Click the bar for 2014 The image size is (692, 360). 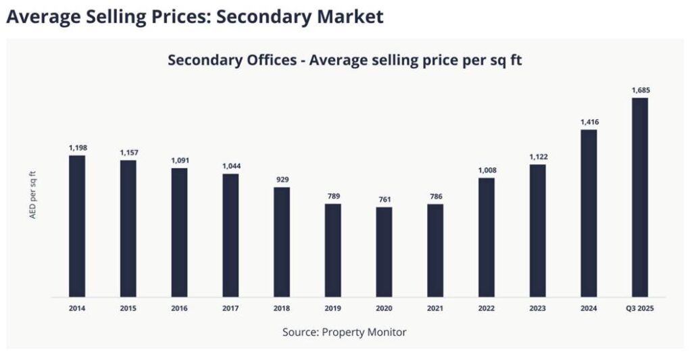click(x=77, y=226)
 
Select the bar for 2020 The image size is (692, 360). click(x=384, y=251)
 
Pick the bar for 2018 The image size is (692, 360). click(x=282, y=241)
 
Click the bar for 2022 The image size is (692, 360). click(x=487, y=236)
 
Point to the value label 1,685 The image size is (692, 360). click(x=640, y=90)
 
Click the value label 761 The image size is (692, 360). click(x=384, y=199)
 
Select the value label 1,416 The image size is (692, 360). click(x=589, y=122)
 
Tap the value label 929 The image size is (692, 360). click(x=282, y=180)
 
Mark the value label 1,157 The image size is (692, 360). click(x=128, y=152)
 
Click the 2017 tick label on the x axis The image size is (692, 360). click(x=230, y=309)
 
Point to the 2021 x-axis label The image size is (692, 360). click(x=435, y=309)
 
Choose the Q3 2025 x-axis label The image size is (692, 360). click(x=639, y=309)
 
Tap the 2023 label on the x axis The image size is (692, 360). click(x=538, y=309)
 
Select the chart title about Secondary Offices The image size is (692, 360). click(x=345, y=59)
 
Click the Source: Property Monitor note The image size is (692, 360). click(x=345, y=332)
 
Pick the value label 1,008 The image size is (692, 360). click(x=487, y=170)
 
